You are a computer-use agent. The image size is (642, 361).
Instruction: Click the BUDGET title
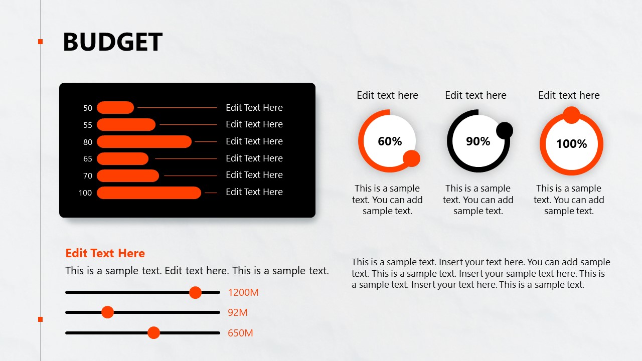coord(112,42)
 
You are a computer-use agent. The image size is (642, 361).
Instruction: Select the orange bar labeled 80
coord(144,142)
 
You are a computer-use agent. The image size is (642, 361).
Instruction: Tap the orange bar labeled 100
coord(148,193)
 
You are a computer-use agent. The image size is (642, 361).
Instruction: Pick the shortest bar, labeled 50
coord(115,108)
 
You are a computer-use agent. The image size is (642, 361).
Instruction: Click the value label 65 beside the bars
coord(88,159)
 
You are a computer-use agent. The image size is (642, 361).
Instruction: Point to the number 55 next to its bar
coord(88,125)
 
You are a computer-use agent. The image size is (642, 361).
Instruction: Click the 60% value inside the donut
coord(390,141)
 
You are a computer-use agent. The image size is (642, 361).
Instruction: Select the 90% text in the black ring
coord(478,141)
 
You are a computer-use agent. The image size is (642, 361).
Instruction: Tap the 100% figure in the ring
coord(571,144)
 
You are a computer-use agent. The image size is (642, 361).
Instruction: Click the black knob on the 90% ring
coord(505,130)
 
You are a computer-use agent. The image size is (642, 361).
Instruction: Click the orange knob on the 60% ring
coord(411,158)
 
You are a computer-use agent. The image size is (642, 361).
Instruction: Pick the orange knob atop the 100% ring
coord(571,115)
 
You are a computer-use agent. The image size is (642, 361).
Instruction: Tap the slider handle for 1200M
coord(195,292)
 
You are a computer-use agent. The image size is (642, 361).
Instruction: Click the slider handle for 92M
coord(107,312)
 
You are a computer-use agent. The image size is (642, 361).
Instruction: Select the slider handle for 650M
coord(153,333)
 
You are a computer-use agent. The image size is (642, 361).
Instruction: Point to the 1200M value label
coord(243,292)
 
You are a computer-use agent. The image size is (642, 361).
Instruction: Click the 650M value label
coord(240,333)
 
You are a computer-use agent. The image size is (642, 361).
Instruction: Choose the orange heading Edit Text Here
coord(105,253)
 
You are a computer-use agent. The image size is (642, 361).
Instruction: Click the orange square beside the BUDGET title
coord(41,42)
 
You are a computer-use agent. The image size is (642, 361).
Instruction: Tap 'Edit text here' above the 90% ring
coord(475,95)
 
